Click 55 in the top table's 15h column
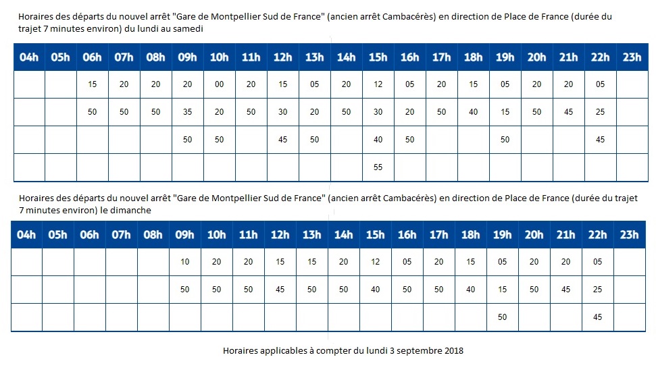click(378, 167)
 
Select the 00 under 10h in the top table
click(218, 84)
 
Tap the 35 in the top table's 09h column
click(187, 112)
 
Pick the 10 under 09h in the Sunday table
click(185, 262)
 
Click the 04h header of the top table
click(28, 57)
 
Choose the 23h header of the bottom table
click(628, 235)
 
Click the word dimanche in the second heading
click(133, 210)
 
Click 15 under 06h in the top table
click(92, 84)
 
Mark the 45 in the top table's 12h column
click(282, 140)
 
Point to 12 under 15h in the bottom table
click(375, 262)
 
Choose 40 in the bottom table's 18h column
click(470, 290)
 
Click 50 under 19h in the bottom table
click(502, 317)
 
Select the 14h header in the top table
click(346, 57)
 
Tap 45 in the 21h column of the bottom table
click(565, 290)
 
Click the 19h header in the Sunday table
click(502, 235)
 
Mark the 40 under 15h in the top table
click(378, 140)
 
